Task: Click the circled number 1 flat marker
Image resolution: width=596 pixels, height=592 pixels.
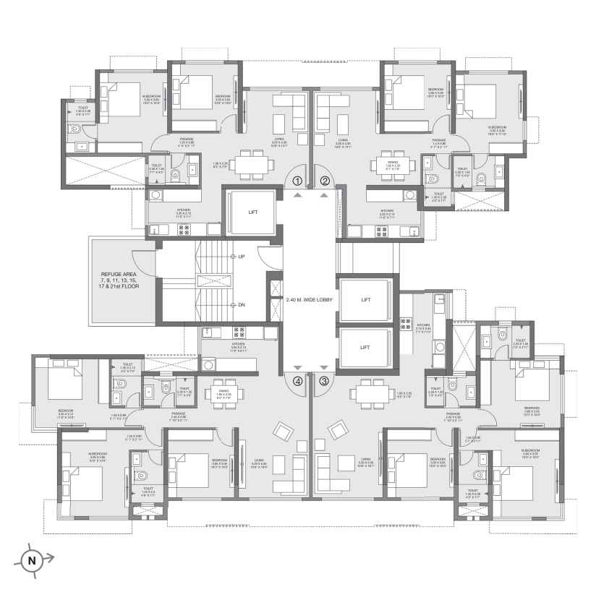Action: click(x=297, y=181)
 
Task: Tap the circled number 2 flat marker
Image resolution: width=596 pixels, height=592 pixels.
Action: click(x=325, y=181)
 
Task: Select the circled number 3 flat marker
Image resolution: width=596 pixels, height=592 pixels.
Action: click(x=324, y=381)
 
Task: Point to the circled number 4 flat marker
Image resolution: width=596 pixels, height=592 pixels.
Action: click(x=297, y=381)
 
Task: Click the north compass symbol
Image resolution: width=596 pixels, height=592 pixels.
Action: click(x=31, y=558)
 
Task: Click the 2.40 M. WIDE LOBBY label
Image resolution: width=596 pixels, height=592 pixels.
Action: click(x=309, y=299)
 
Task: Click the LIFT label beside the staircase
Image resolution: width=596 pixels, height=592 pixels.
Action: click(x=252, y=213)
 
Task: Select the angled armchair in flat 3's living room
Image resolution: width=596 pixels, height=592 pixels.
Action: click(x=338, y=431)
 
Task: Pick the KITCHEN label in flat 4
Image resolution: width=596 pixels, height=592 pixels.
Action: click(x=238, y=344)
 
